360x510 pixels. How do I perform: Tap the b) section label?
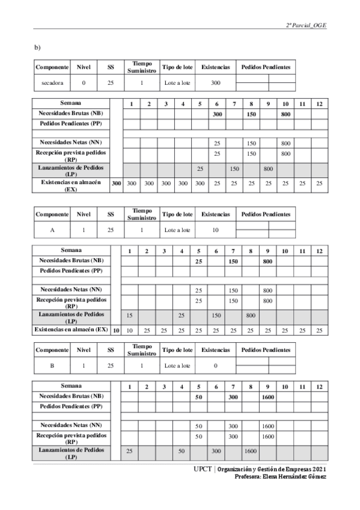(37, 47)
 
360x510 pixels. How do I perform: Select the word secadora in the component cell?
(52, 82)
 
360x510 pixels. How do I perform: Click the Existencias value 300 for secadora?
(215, 82)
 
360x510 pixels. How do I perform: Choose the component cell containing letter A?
(52, 230)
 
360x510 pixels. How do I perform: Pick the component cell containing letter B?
(52, 365)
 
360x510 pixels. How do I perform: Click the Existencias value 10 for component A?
(215, 230)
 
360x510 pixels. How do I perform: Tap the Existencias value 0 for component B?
(215, 365)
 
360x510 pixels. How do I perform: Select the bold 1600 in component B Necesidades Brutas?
(268, 397)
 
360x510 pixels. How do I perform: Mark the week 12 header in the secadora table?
(320, 104)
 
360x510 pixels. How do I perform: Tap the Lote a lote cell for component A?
(177, 230)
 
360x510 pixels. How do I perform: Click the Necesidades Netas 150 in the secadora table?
(251, 143)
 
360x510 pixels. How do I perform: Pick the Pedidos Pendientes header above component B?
(266, 349)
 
